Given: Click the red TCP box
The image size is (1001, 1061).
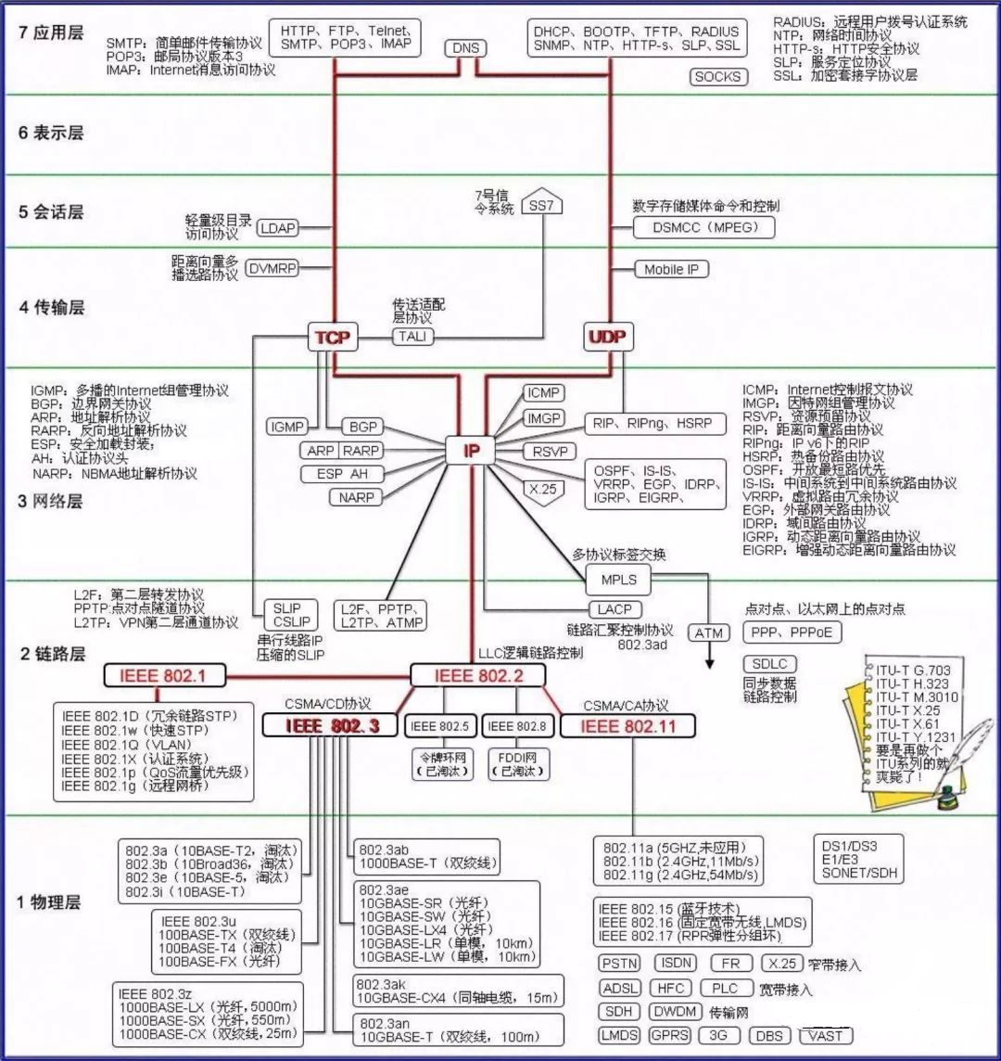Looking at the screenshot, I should (x=333, y=338).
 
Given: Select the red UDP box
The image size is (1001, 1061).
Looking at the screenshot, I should (x=607, y=338).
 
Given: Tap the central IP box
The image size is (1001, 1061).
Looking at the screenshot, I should (x=472, y=451).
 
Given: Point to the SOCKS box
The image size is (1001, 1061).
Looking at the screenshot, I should (x=718, y=77).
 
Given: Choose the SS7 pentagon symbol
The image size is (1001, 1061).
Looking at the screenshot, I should (x=542, y=205).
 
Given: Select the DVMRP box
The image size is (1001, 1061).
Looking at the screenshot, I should (x=272, y=269).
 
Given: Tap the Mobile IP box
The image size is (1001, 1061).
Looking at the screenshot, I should (x=671, y=269).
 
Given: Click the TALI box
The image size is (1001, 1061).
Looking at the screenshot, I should (x=413, y=337).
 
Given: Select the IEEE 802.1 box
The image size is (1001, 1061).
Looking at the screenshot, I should (x=164, y=675).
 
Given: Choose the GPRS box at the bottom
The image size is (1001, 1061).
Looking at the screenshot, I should (x=669, y=1035).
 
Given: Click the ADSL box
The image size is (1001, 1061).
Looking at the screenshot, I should (x=620, y=989).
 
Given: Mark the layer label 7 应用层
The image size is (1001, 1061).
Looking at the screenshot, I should (x=51, y=32).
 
